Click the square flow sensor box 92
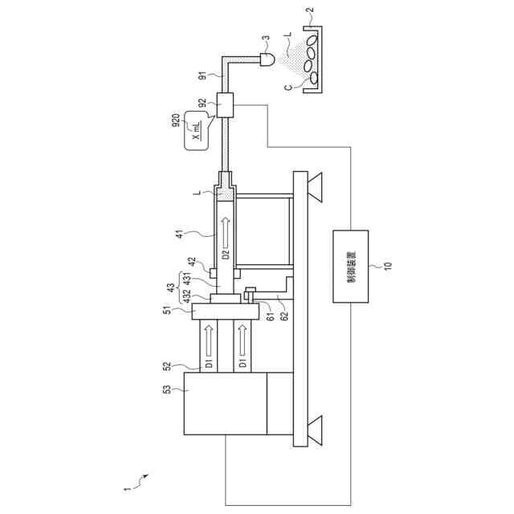click(x=225, y=105)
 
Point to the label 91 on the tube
click(x=203, y=77)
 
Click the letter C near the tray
click(x=286, y=83)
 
